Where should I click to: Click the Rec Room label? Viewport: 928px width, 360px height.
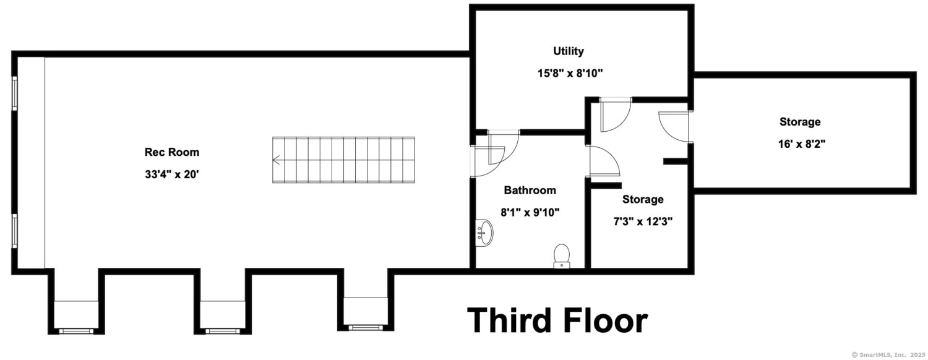point(171,152)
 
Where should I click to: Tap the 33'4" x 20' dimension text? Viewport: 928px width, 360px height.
point(171,174)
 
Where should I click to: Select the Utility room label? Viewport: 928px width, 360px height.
point(569,51)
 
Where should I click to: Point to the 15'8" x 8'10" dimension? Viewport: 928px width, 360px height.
point(570,74)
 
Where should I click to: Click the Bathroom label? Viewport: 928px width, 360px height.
point(530,190)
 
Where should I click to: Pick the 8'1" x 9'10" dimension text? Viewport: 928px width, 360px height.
point(530,213)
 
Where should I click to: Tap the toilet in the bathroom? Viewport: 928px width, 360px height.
point(562,255)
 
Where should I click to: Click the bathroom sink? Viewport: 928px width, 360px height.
point(484,233)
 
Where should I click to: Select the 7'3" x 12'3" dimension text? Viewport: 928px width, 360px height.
point(643,221)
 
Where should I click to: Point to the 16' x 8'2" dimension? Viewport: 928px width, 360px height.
point(802,144)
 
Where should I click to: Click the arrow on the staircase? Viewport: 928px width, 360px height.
point(276,160)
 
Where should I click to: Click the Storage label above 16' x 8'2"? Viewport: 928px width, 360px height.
point(800,122)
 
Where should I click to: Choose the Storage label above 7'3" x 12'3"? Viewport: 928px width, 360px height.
point(643,199)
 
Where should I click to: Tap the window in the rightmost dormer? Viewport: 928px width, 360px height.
point(366,328)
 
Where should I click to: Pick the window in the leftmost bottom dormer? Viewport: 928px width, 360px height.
point(77,331)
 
